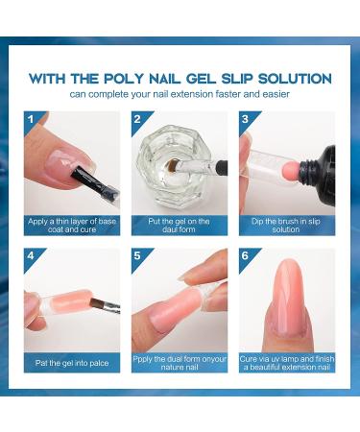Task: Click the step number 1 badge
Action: (x=32, y=120)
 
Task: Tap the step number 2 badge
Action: (x=139, y=120)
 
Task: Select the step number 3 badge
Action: (x=247, y=120)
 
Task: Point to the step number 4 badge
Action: (x=32, y=257)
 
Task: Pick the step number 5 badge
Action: (x=139, y=257)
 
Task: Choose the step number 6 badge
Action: (x=247, y=257)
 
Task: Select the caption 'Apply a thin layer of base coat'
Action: (x=72, y=225)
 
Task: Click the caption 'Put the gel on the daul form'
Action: (x=180, y=225)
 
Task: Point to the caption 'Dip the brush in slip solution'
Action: (x=287, y=225)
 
